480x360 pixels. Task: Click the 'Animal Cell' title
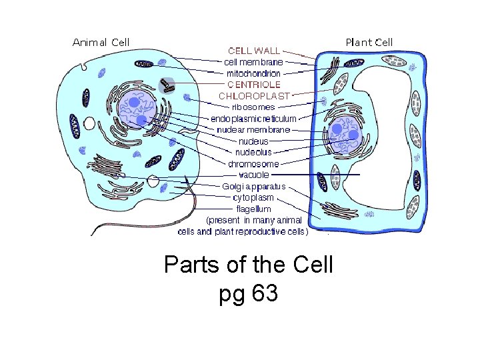click(101, 42)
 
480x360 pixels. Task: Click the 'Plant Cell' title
click(369, 42)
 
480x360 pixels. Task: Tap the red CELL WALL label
click(254, 51)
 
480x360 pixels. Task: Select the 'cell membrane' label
click(253, 62)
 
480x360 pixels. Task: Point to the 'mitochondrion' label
click(253, 73)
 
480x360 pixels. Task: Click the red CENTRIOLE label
click(254, 85)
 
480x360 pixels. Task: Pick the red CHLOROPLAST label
click(255, 96)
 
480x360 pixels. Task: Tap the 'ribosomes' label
click(253, 107)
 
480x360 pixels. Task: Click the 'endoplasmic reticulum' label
click(253, 119)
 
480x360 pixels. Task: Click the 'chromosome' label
click(253, 164)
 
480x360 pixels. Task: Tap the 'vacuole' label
click(254, 175)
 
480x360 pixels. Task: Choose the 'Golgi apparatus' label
click(254, 187)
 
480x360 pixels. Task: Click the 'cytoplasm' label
click(253, 198)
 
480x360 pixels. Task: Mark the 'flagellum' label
click(254, 209)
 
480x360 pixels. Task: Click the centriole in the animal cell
click(167, 85)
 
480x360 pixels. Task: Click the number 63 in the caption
click(265, 294)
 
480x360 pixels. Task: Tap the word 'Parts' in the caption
click(189, 265)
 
